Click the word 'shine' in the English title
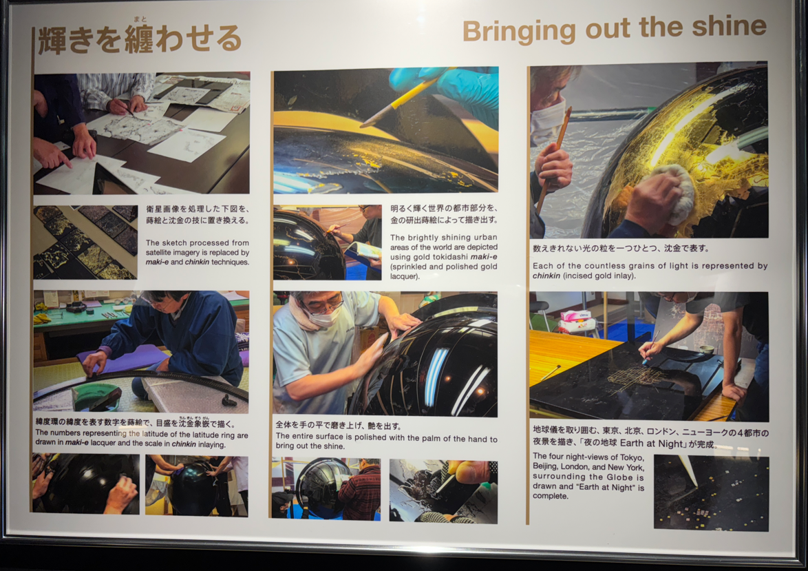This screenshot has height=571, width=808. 729,28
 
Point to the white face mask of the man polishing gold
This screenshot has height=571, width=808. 546,121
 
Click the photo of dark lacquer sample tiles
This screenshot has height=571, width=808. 85,242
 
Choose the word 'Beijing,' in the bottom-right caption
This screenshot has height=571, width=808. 545,466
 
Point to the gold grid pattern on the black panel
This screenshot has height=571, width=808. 635,376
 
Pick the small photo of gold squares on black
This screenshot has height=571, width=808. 711,493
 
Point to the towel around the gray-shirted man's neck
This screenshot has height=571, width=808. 304,315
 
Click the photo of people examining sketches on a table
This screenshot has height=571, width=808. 142,133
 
